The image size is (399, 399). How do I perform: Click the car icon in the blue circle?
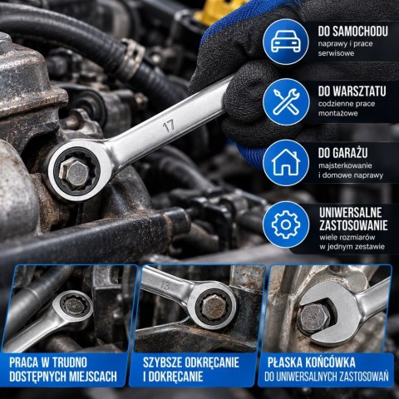286,42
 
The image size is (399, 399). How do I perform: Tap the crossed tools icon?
286,102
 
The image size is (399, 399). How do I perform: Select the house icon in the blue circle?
286,162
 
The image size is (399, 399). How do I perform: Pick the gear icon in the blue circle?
286,224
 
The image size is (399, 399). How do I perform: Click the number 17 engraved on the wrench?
169,126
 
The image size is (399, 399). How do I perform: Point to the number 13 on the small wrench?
165,285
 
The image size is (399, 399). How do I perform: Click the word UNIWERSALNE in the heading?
351,213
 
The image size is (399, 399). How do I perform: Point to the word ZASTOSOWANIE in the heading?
353,225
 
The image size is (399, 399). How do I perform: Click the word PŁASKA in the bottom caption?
284,362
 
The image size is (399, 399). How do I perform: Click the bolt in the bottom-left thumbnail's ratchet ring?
74,306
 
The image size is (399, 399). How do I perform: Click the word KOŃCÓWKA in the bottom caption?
331,362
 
